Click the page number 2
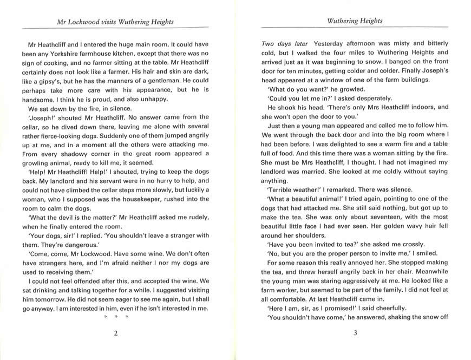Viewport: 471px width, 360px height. click(115, 333)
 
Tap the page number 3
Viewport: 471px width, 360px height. click(355, 333)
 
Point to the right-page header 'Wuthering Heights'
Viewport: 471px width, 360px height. click(355, 21)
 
